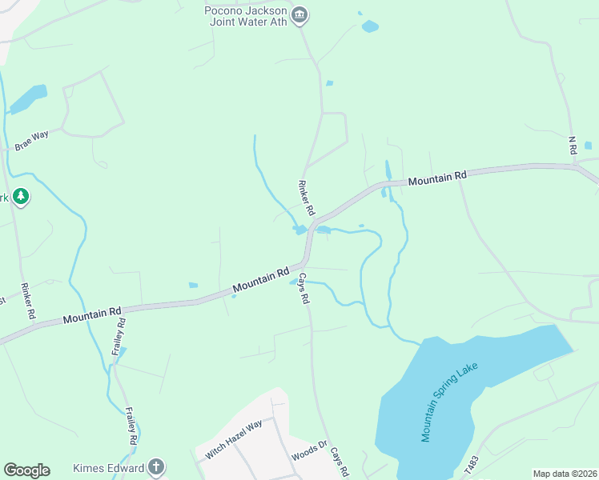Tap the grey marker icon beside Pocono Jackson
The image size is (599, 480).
click(299, 15)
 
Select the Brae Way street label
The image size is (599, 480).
click(31, 140)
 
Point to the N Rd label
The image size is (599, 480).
click(573, 145)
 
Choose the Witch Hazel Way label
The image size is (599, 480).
click(233, 439)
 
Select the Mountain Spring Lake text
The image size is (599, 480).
click(449, 401)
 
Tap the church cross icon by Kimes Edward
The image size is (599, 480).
click(156, 467)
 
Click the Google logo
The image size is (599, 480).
click(26, 470)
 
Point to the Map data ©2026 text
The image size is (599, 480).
click(565, 474)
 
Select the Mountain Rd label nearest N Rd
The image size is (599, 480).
click(436, 179)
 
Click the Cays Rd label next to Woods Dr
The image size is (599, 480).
click(340, 462)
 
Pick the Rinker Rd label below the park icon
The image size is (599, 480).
click(28, 302)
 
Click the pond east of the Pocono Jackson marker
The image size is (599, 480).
click(369, 26)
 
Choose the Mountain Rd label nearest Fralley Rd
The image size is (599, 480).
click(92, 314)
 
